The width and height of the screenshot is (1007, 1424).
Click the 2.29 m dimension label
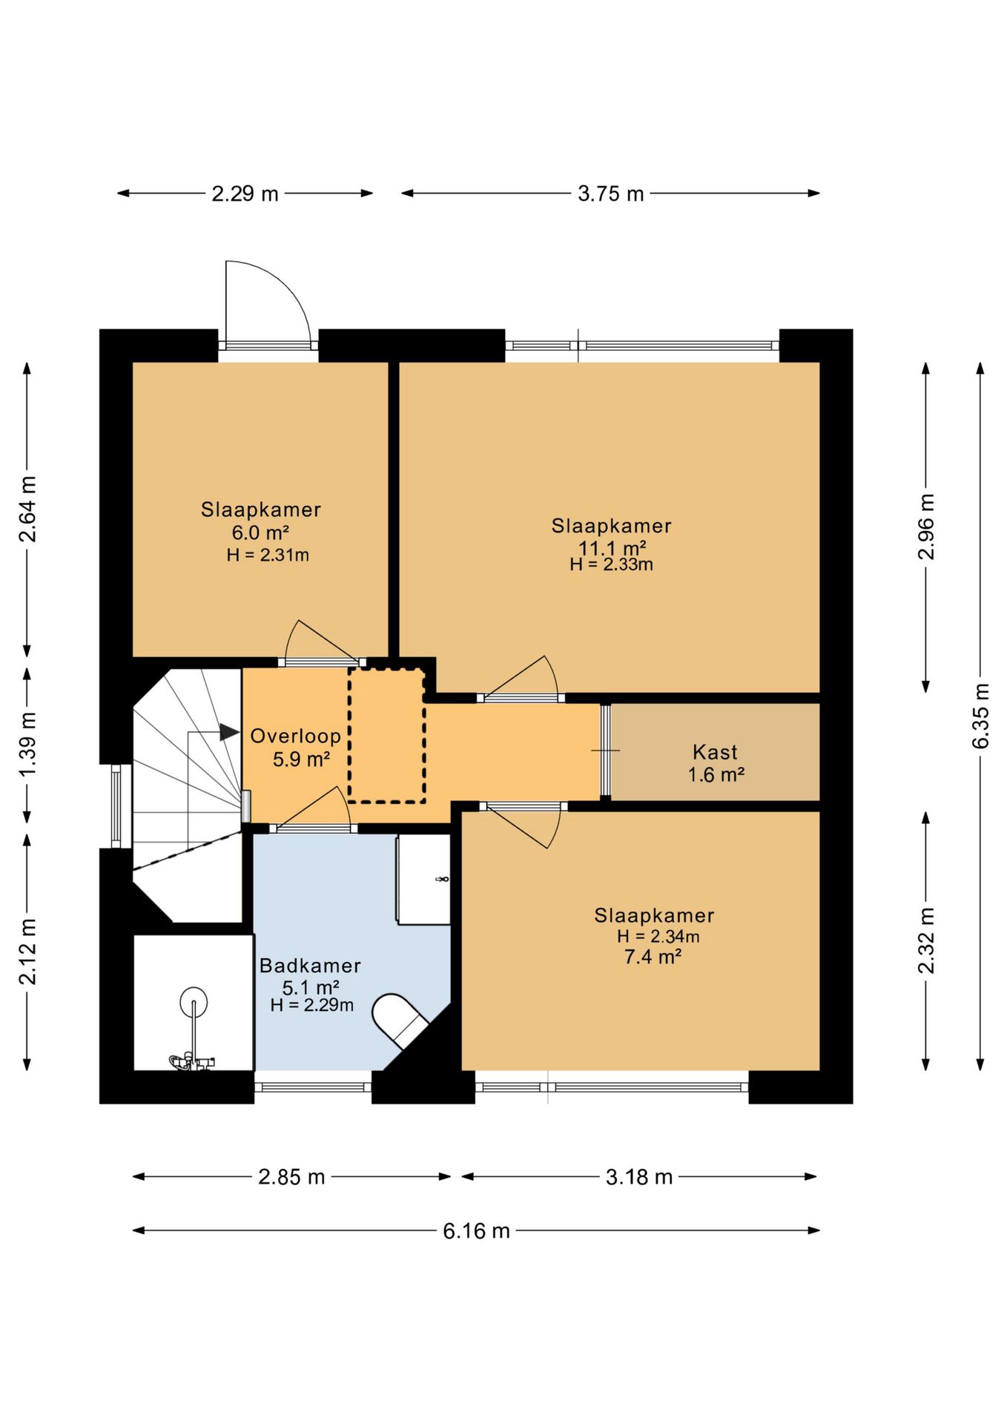coord(245,194)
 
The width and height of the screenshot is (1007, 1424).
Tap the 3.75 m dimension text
coord(610,194)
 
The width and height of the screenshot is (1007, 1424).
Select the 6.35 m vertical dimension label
coord(980,716)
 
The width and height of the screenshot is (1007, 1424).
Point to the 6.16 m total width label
coord(476,1231)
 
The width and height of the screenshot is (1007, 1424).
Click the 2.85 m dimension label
coord(291,1177)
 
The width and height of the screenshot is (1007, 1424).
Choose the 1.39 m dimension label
coord(27,745)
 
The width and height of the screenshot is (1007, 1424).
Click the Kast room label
coord(715,752)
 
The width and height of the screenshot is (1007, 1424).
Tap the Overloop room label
coord(295,736)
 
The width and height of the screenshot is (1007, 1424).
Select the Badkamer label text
coord(310,966)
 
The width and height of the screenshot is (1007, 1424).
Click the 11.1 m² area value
coord(612,548)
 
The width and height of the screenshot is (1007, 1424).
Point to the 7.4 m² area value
coord(653,957)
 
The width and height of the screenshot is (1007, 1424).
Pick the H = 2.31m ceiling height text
coord(268,555)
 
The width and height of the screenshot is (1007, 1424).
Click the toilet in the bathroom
coord(400,1021)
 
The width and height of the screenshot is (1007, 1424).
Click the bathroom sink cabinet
coord(423,880)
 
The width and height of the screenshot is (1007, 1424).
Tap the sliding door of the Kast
coord(605,751)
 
